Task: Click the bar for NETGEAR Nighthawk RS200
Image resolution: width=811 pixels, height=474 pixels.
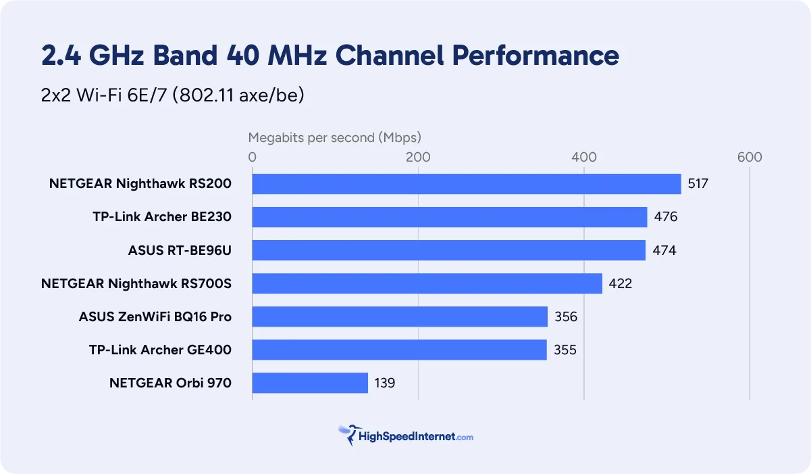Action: click(467, 184)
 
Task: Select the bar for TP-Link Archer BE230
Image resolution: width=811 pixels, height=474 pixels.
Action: click(450, 217)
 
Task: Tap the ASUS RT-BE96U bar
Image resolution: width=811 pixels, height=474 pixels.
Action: click(449, 250)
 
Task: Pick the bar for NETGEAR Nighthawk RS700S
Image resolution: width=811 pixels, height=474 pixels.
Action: click(427, 283)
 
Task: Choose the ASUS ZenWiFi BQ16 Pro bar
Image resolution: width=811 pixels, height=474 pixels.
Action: click(400, 316)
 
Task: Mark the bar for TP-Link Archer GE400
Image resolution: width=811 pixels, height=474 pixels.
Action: click(400, 350)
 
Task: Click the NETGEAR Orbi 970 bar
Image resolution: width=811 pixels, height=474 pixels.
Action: click(310, 383)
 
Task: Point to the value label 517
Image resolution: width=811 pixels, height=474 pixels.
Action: click(698, 184)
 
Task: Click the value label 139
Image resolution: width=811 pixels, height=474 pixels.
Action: click(384, 383)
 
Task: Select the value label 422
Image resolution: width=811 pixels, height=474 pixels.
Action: click(621, 283)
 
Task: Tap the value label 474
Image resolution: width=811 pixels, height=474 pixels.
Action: click(664, 250)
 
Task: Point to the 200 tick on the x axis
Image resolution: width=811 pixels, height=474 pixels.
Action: click(418, 158)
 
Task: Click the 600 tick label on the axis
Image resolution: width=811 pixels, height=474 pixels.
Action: click(750, 158)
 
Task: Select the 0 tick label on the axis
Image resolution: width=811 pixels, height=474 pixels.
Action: click(253, 158)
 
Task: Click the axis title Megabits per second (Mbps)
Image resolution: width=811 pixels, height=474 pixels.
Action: click(334, 138)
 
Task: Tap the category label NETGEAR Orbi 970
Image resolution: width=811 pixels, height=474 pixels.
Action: click(170, 383)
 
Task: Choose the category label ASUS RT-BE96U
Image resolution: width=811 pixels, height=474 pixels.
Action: click(180, 251)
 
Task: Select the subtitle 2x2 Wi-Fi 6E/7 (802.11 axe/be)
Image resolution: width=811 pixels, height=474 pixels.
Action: click(173, 95)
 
